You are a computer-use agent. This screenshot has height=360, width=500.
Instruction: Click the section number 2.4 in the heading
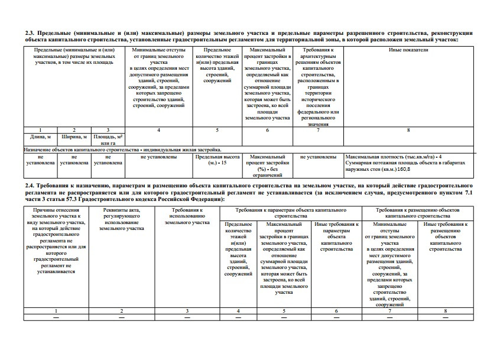pyautogui.click(x=30, y=186)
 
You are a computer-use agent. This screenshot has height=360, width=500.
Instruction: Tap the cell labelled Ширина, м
pyautogui.click(x=74, y=136)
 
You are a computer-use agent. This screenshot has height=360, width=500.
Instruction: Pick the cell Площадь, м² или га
pyautogui.click(x=107, y=140)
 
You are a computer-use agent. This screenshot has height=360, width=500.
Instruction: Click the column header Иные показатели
pyautogui.click(x=408, y=51)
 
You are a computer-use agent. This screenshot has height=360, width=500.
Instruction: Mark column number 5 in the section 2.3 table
pyautogui.click(x=217, y=129)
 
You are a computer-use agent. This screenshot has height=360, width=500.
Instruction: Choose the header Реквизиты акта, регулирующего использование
pyautogui.click(x=121, y=219)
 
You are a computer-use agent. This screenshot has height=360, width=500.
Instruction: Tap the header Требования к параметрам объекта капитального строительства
pyautogui.click(x=290, y=213)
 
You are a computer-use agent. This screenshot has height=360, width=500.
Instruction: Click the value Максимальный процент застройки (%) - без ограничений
pyautogui.click(x=267, y=166)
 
